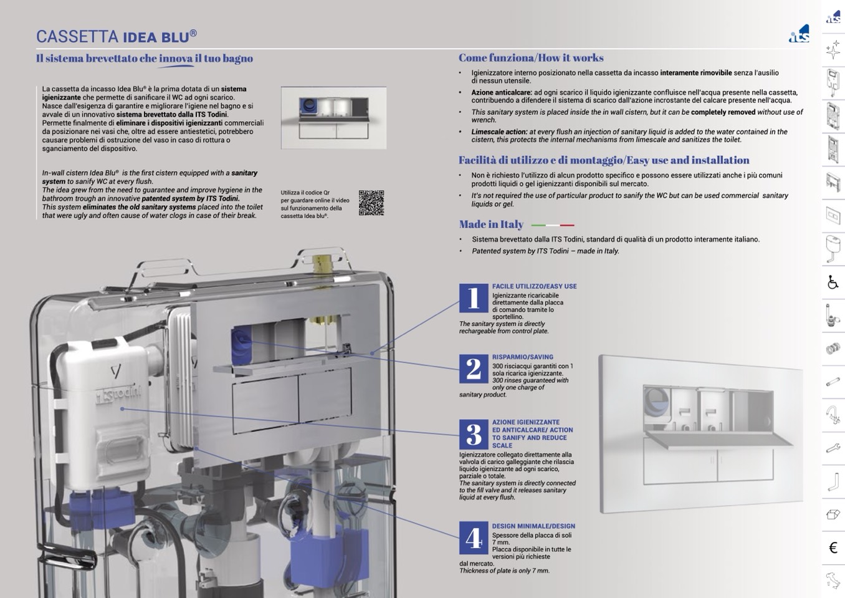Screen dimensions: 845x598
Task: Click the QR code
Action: (x=371, y=203)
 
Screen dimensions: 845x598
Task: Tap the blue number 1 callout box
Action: (x=474, y=298)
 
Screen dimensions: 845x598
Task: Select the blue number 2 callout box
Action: (x=474, y=369)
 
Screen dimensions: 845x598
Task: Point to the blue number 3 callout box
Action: (x=474, y=435)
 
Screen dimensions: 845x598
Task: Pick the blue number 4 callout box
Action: (x=474, y=538)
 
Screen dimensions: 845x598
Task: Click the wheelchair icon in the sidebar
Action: (x=833, y=282)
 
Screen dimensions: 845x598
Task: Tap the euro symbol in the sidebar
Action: (x=833, y=547)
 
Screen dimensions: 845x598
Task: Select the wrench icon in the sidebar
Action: (x=833, y=448)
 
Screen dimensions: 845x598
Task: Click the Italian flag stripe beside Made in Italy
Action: (x=553, y=225)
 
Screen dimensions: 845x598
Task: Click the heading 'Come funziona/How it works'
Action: (x=531, y=58)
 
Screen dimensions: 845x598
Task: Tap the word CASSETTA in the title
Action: (x=77, y=37)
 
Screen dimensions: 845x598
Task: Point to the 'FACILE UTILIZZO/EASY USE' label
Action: (x=534, y=287)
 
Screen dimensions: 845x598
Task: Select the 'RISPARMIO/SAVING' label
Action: (x=522, y=357)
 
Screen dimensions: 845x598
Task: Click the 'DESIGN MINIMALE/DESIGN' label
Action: (x=533, y=526)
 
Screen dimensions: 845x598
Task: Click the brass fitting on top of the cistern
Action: (x=323, y=264)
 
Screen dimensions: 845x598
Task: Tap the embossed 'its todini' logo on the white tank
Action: (x=118, y=395)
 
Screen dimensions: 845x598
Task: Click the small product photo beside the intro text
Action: (x=333, y=118)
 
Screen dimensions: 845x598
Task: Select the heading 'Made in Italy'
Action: (x=491, y=224)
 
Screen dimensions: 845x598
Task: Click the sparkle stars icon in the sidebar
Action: (x=833, y=50)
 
